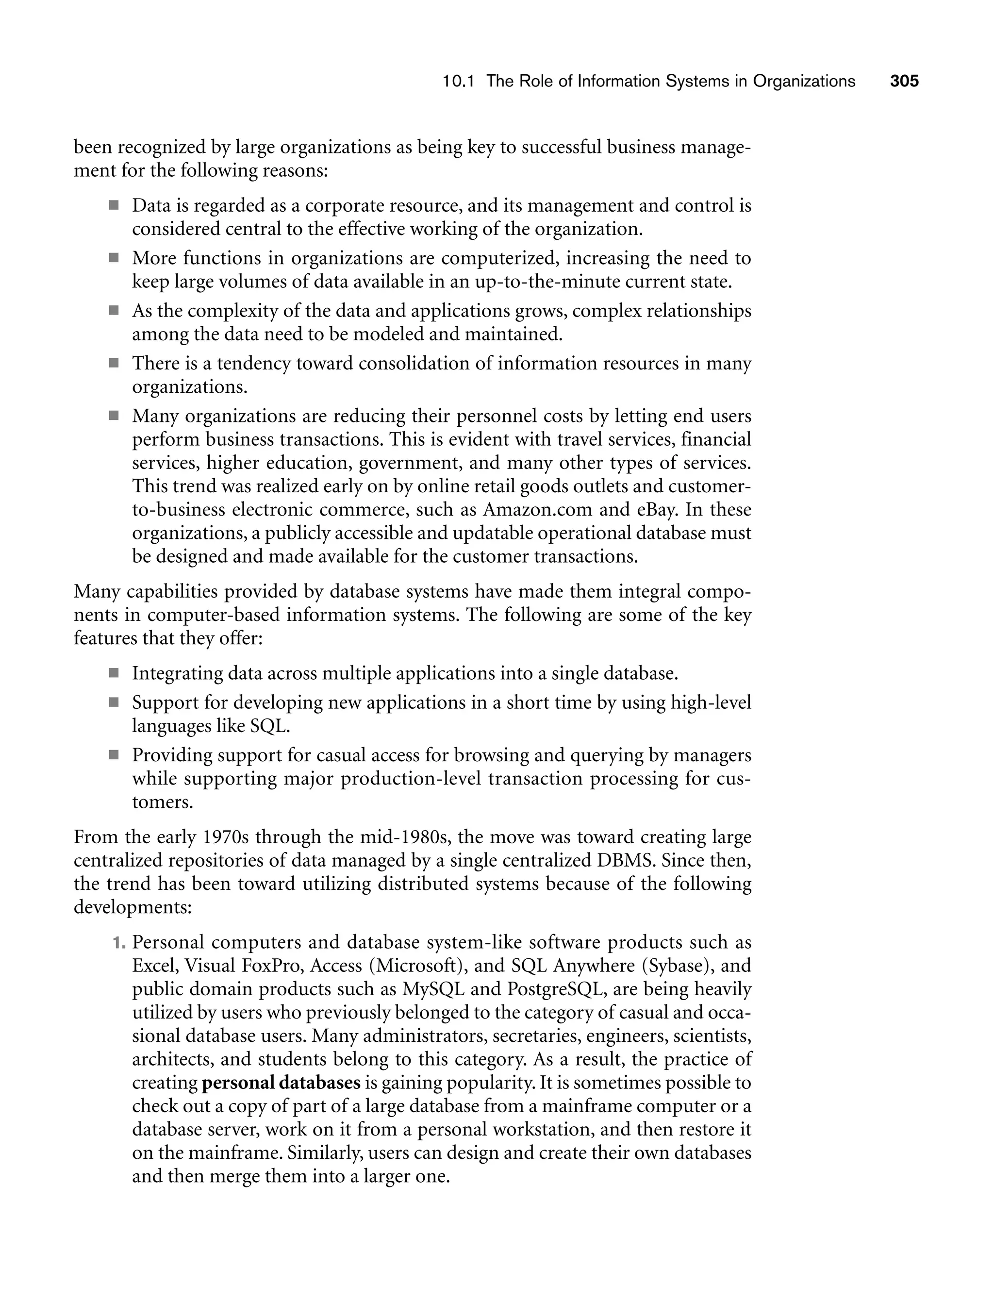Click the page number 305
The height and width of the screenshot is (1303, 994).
pyautogui.click(x=904, y=81)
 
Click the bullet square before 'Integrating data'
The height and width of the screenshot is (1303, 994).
pyautogui.click(x=114, y=673)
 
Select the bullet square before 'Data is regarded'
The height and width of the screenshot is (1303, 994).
pyautogui.click(x=114, y=206)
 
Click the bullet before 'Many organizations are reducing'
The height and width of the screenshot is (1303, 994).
pyautogui.click(x=114, y=416)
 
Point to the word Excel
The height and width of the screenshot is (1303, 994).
pyautogui.click(x=154, y=966)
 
